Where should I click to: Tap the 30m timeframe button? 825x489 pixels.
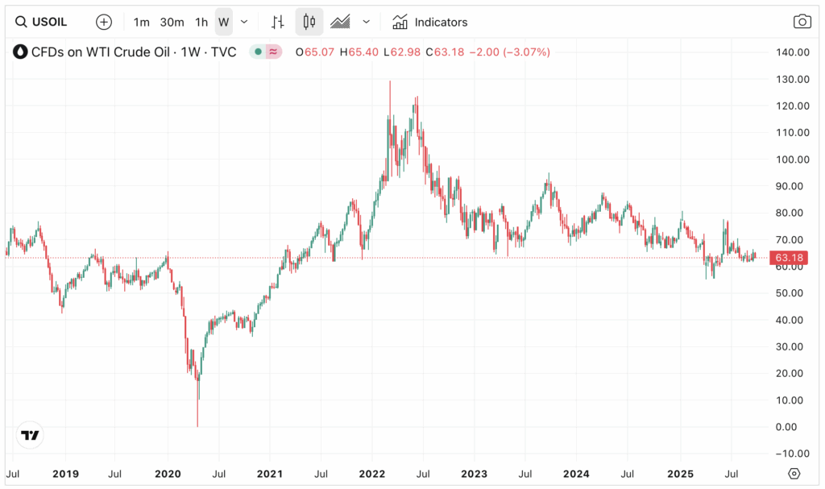pyautogui.click(x=172, y=22)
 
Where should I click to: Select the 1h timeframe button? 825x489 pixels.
pyautogui.click(x=201, y=22)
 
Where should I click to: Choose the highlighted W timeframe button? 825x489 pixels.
pyautogui.click(x=223, y=22)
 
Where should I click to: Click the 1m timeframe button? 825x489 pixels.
pyautogui.click(x=142, y=22)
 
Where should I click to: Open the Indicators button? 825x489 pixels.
pyautogui.click(x=430, y=22)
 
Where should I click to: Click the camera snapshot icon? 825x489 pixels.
pyautogui.click(x=802, y=22)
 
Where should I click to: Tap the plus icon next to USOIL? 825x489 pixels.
pyautogui.click(x=104, y=22)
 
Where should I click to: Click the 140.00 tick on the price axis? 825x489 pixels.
pyautogui.click(x=791, y=52)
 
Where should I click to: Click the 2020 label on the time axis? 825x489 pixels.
pyautogui.click(x=168, y=473)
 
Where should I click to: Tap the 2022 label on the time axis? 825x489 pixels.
pyautogui.click(x=372, y=473)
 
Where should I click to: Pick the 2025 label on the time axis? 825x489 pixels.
pyautogui.click(x=680, y=473)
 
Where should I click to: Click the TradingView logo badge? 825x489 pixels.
pyautogui.click(x=30, y=436)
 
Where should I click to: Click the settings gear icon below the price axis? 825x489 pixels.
pyautogui.click(x=794, y=473)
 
